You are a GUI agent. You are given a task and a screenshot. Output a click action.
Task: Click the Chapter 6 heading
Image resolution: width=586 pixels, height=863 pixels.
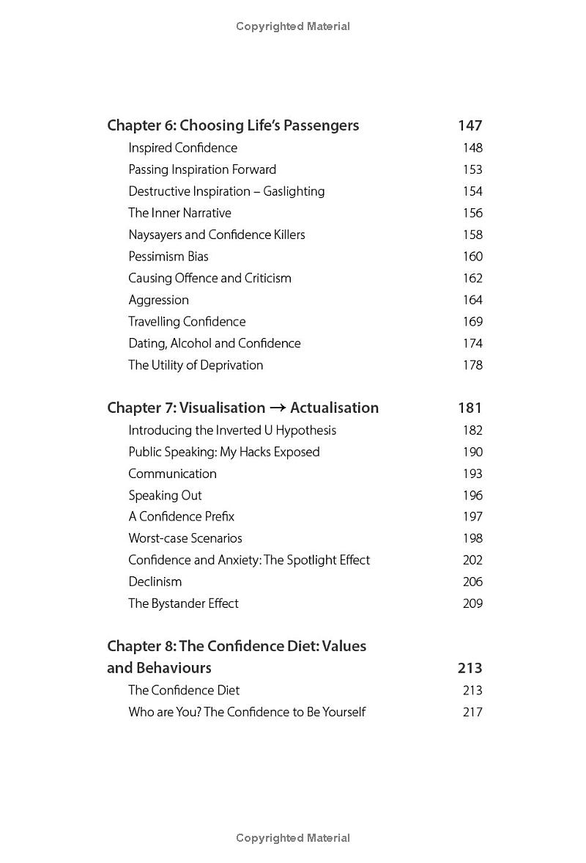[233, 125]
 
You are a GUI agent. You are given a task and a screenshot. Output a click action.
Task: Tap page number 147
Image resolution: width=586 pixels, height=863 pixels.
[470, 125]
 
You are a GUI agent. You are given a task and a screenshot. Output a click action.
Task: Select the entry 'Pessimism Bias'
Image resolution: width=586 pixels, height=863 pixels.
[168, 257]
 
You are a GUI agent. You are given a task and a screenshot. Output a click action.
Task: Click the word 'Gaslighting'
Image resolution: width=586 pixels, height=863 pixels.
[294, 191]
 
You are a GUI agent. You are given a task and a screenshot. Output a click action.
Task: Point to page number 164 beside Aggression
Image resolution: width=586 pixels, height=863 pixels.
[472, 300]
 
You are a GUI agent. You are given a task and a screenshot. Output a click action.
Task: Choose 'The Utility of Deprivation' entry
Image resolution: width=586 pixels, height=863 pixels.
[196, 365]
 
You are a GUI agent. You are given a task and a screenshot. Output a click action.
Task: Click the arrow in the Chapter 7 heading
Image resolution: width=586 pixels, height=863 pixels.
[278, 408]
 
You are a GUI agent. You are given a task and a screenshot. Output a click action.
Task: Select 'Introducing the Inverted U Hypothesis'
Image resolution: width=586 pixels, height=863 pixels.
[232, 430]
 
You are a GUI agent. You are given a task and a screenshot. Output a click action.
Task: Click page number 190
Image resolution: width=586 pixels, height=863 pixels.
[472, 452]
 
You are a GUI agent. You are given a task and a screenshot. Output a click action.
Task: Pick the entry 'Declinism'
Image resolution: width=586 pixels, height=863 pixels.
[155, 582]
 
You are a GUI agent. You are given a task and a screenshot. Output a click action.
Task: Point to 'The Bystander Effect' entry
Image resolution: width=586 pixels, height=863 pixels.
[183, 603]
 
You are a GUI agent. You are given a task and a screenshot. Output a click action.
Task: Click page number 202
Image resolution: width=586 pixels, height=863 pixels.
[472, 560]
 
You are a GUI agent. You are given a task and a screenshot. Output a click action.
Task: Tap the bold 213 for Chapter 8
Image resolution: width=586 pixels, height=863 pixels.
[470, 668]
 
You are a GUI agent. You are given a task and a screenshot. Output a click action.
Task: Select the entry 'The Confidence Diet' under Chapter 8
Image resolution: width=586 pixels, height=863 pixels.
[184, 691]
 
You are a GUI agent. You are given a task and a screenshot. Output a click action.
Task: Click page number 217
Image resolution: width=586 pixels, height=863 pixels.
[472, 712]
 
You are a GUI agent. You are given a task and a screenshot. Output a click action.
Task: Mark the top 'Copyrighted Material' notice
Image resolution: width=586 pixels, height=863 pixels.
[293, 26]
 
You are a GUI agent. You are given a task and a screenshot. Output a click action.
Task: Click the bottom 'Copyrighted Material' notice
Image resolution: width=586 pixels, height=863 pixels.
[293, 838]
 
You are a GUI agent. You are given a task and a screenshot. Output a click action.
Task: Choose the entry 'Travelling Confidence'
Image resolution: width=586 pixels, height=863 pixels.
[187, 322]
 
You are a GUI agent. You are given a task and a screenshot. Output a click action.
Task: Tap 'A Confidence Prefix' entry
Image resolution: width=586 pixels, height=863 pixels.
[182, 517]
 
